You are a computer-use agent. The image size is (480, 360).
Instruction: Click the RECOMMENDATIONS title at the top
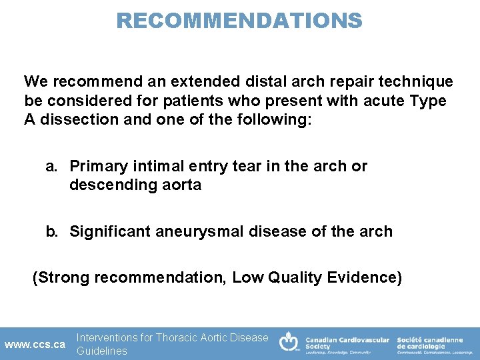coord(239,20)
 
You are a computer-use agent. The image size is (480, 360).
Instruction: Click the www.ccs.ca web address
coord(35,345)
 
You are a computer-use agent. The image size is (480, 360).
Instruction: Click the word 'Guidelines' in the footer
coord(101,351)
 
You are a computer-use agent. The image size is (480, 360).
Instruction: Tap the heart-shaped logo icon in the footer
coord(289,342)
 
